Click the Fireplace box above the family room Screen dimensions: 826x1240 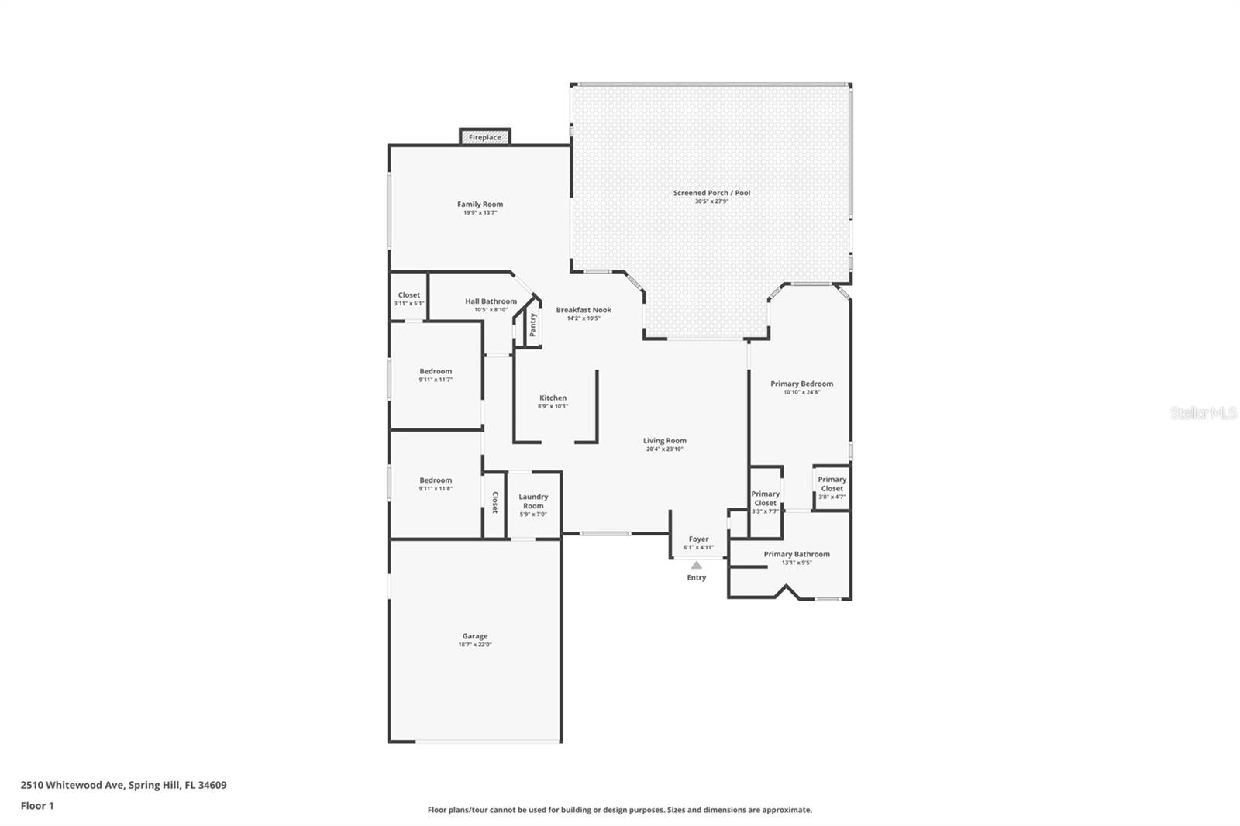click(484, 137)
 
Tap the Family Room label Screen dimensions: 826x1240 click(480, 205)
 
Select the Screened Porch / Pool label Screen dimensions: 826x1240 click(711, 193)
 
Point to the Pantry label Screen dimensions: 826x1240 click(532, 325)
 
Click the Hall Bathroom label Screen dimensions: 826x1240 click(491, 301)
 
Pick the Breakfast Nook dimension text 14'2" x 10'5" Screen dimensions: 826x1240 click(584, 318)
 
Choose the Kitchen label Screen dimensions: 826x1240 click(553, 398)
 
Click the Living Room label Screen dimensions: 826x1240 click(664, 440)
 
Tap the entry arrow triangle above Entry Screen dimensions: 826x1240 click(696, 565)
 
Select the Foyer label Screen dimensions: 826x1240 click(698, 539)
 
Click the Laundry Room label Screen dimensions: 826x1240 click(533, 501)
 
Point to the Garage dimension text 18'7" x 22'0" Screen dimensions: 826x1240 click(475, 645)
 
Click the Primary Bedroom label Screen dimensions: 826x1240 click(801, 384)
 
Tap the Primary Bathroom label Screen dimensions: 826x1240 click(797, 554)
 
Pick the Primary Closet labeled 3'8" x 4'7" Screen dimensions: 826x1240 click(832, 484)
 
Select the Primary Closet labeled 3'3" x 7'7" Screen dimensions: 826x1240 click(765, 498)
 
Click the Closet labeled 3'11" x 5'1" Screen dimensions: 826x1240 click(409, 295)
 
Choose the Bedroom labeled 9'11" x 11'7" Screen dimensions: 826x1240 click(436, 371)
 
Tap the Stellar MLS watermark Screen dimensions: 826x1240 click(1203, 414)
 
